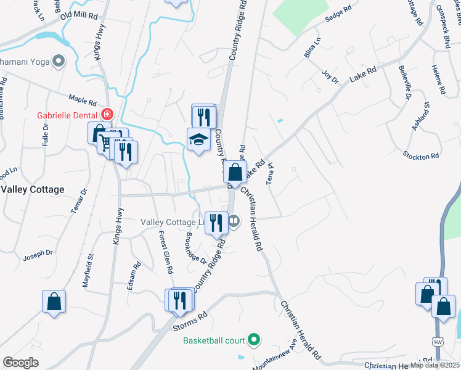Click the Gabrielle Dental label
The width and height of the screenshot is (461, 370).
coord(67,115)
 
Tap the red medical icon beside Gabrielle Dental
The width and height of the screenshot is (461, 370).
coord(107,115)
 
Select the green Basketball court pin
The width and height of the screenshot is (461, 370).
coord(253,340)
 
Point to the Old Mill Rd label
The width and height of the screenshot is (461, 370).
coord(79,14)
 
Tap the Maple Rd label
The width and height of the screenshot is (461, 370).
coord(83,99)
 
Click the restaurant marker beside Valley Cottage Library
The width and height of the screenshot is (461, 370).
coord(216,222)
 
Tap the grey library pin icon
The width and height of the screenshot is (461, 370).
coord(234,220)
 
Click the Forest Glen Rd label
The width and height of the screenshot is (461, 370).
coord(165,252)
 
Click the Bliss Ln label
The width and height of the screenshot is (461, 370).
coord(312,48)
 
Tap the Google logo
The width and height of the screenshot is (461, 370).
coord(20,362)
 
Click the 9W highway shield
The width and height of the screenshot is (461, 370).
coord(438,341)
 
